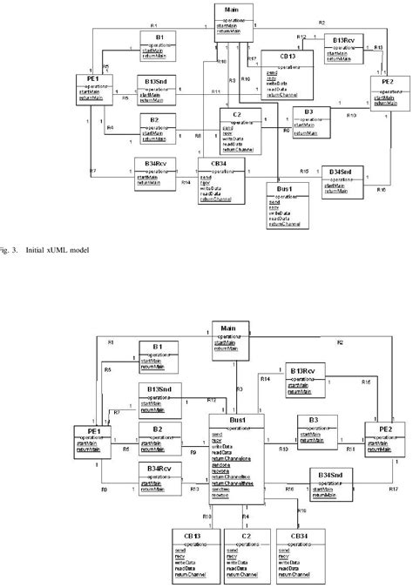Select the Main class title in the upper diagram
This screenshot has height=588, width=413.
[x=232, y=10]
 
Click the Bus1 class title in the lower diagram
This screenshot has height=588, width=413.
[x=237, y=420]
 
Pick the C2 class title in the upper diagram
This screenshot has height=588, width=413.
[x=236, y=113]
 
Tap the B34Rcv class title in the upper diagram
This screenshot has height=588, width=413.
[x=152, y=160]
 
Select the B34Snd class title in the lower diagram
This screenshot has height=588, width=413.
[x=328, y=475]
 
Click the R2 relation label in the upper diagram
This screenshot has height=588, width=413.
[x=322, y=22]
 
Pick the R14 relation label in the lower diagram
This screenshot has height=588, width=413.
[x=265, y=380]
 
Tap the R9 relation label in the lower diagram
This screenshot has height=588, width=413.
[x=193, y=451]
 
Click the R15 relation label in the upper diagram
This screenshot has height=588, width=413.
[x=305, y=171]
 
